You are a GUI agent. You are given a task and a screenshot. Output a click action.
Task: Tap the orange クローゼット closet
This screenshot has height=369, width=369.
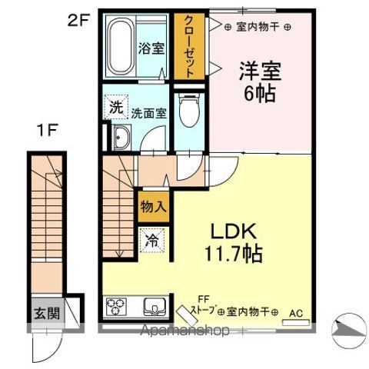187,47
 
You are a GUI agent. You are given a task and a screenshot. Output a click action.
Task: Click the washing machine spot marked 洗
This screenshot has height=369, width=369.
115,108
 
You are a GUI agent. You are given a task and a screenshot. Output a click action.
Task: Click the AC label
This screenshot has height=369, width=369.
295,312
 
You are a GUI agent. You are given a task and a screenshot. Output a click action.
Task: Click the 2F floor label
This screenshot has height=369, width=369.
79,22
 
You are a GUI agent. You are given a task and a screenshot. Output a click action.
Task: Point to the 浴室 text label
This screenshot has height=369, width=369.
151,48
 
